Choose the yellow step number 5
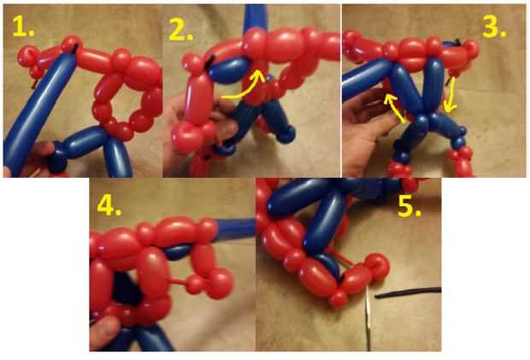click(409, 206)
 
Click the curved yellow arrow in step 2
click(244, 91)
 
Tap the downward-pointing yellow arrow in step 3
click(450, 95)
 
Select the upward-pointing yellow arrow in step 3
click(394, 108)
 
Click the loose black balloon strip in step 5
click(408, 292)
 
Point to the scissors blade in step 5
click(368, 318)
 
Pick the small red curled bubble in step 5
click(378, 265)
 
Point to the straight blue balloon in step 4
click(234, 229)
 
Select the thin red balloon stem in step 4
click(179, 280)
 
